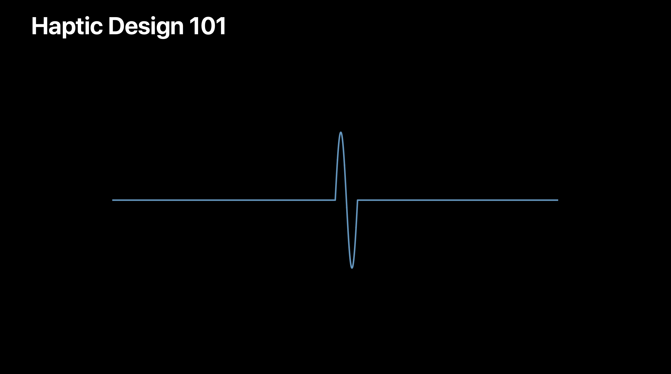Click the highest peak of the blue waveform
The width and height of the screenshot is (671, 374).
click(341, 132)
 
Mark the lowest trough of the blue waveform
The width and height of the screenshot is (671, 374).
click(352, 268)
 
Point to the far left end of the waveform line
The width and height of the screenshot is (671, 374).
click(112, 200)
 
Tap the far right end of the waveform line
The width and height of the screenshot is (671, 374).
click(558, 200)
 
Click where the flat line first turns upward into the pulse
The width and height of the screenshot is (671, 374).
click(335, 200)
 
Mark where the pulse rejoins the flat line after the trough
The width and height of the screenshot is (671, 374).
click(357, 200)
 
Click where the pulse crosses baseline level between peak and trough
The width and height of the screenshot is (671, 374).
click(346, 200)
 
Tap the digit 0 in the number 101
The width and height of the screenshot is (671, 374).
click(207, 26)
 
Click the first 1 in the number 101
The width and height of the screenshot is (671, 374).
click(194, 26)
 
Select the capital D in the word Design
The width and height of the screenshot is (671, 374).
click(116, 26)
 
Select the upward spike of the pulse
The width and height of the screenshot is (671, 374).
click(341, 166)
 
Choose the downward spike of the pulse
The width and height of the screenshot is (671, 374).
click(352, 234)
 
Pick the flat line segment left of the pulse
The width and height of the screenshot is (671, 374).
click(224, 200)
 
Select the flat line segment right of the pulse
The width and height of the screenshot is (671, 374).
click(458, 200)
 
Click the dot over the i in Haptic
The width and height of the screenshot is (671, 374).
click(88, 19)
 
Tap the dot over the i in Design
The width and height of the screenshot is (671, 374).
click(153, 19)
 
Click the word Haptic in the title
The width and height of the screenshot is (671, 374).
click(67, 27)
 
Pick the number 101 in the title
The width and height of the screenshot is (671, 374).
click(208, 26)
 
